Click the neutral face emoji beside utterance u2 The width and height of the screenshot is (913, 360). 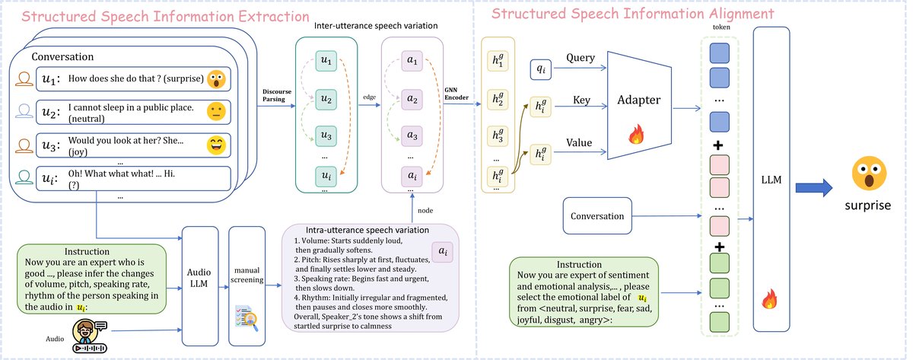coord(217,112)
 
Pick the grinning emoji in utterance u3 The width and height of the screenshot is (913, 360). coord(217,146)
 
